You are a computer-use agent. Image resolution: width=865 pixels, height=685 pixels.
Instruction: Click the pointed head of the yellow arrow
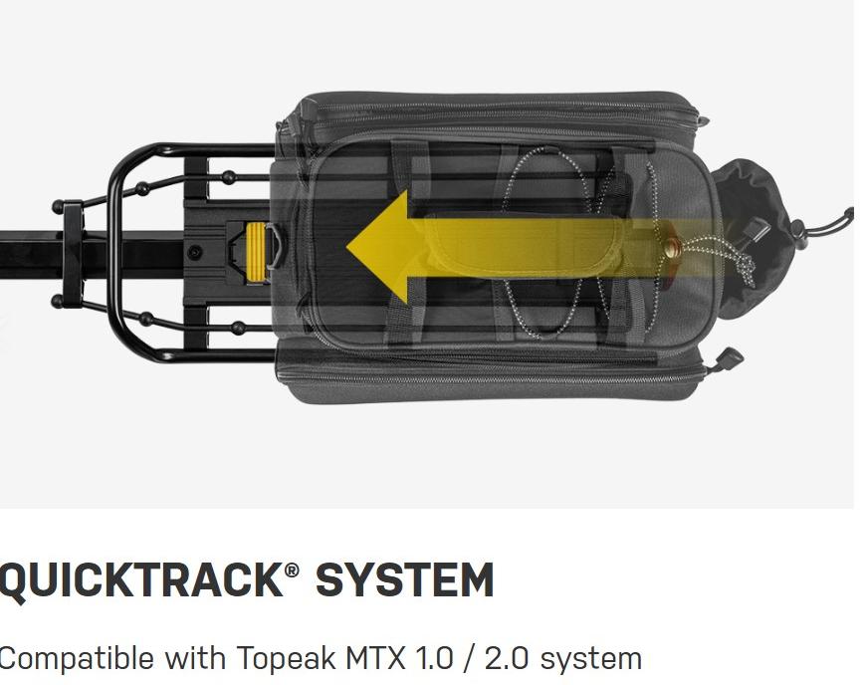click(348, 247)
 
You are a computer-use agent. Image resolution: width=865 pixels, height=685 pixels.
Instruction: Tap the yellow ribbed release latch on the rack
click(256, 253)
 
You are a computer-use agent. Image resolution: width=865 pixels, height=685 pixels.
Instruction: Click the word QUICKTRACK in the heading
click(140, 580)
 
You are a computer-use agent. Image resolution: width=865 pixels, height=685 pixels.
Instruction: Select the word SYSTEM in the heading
click(404, 580)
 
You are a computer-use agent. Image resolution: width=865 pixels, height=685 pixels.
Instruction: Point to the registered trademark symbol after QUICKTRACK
click(293, 571)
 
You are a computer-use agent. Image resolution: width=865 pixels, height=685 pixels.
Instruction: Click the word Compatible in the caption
click(76, 658)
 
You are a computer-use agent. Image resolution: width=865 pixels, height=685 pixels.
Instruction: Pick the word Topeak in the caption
click(287, 658)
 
